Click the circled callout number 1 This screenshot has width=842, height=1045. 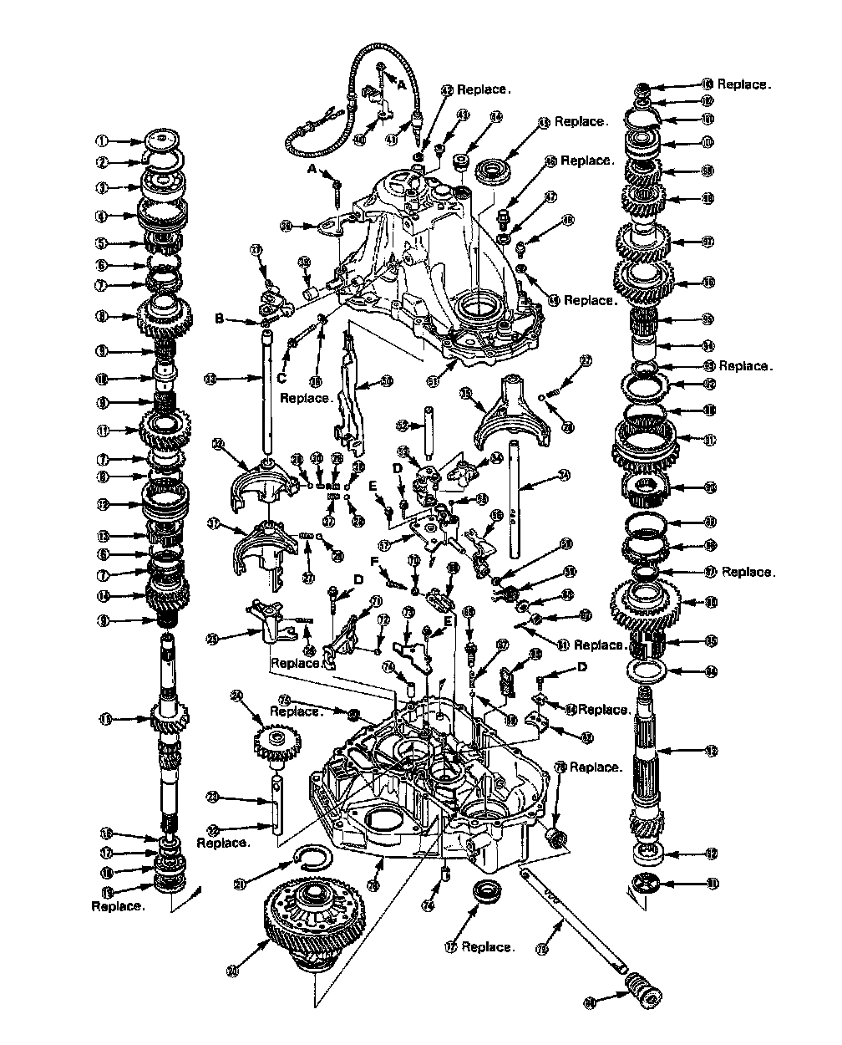coord(103,141)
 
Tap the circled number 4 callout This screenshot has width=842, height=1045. coord(103,217)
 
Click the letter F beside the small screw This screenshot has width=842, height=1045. coord(375,562)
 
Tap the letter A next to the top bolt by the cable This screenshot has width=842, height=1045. coord(400,85)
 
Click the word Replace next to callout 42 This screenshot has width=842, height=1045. coord(483,89)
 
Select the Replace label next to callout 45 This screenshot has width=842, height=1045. coord(582,122)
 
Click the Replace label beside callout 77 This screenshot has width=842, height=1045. coord(489,947)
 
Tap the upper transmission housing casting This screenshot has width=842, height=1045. coord(434,259)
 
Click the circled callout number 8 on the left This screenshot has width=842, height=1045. coord(103,317)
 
